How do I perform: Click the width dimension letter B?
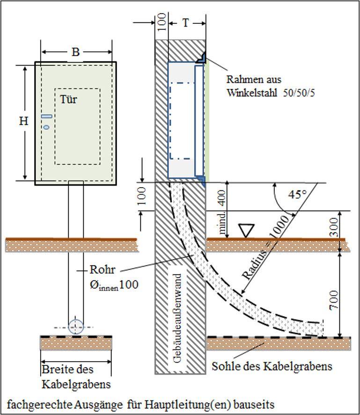75,52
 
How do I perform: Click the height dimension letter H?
24,121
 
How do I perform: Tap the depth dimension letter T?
186,22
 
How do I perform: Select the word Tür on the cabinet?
68,99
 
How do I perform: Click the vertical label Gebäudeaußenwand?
178,319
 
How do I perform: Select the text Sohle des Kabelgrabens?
272,366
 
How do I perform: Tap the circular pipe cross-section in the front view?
75,327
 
